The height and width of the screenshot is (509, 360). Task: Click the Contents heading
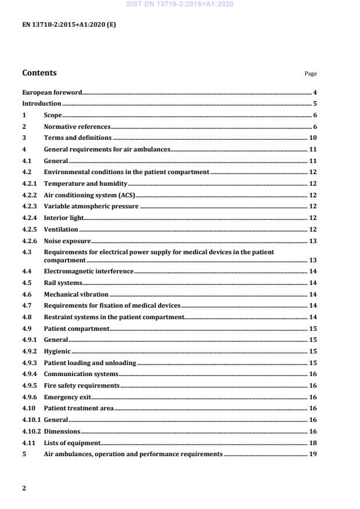click(39, 73)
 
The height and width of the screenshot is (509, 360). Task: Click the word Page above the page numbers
click(311, 74)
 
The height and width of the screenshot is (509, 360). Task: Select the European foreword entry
click(52, 92)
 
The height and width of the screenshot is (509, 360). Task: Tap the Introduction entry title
click(42, 104)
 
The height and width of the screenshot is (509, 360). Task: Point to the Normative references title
click(77, 127)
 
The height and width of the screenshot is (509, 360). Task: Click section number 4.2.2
click(30, 195)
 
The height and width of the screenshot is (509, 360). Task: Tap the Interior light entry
click(64, 218)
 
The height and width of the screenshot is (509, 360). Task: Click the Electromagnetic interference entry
click(89, 271)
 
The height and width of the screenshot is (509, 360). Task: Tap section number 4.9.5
click(30, 385)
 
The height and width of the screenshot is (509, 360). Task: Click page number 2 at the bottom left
click(24, 488)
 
